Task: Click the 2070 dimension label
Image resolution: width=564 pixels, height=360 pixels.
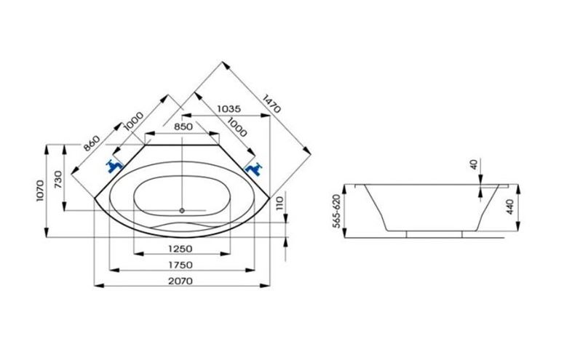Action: click(x=180, y=281)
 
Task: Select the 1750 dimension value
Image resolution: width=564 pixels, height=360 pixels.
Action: click(x=180, y=265)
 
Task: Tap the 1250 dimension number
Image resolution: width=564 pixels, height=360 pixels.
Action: click(x=180, y=249)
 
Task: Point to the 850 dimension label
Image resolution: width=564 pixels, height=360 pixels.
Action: click(x=183, y=127)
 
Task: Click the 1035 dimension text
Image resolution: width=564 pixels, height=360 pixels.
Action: click(x=229, y=108)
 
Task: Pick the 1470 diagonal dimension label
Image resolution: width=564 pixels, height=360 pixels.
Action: click(x=271, y=103)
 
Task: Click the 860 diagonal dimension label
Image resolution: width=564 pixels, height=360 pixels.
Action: click(x=92, y=143)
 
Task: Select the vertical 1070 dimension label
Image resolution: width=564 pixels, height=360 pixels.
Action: click(x=40, y=191)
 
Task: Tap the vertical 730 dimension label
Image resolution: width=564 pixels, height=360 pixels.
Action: click(x=58, y=180)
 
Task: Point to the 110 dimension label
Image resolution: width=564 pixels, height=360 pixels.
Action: click(x=279, y=204)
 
